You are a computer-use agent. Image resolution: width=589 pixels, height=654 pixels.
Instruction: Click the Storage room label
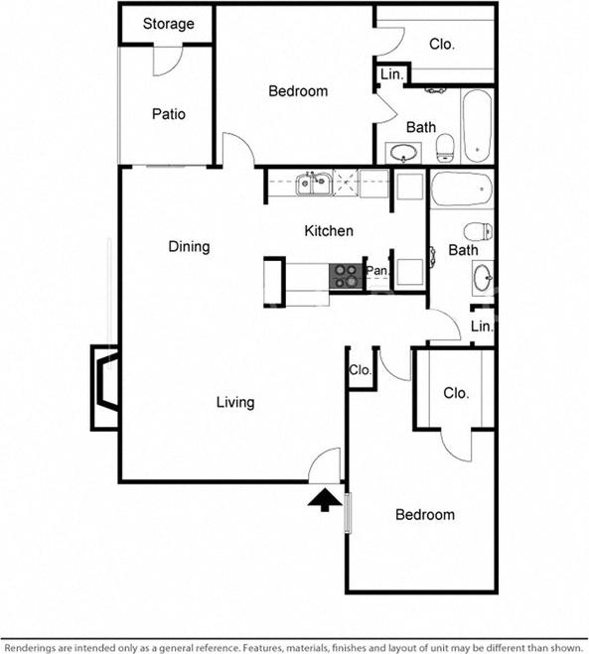click(168, 24)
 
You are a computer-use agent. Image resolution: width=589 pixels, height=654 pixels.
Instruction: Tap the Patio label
click(168, 114)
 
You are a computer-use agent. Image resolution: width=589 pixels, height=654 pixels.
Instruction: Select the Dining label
click(189, 246)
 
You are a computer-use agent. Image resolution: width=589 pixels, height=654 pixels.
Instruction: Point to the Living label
click(235, 402)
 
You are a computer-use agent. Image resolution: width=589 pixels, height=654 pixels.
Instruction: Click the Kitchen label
click(328, 231)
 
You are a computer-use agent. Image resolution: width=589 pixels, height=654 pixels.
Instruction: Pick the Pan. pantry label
click(376, 270)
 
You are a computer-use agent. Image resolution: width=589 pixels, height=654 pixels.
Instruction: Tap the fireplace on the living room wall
click(105, 387)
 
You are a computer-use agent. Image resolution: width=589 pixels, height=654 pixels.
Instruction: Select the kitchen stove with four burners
click(346, 275)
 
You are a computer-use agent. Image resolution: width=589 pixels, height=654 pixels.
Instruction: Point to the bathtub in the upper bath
click(476, 126)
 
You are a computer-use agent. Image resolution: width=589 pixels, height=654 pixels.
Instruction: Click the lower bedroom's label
click(425, 514)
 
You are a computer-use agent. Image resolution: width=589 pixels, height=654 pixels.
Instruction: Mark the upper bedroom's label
click(298, 91)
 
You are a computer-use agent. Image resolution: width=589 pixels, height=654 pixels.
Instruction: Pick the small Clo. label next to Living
click(360, 370)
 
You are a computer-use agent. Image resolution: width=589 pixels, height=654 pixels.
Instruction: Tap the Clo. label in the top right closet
click(442, 44)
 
